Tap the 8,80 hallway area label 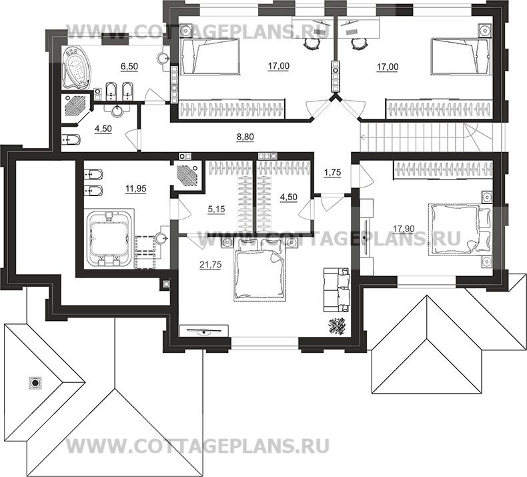(x=245, y=138)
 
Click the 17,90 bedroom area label (x=404, y=229)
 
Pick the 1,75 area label (x=332, y=173)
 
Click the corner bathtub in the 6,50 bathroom (x=77, y=68)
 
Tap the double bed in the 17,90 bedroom (x=457, y=229)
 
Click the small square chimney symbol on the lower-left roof (x=33, y=383)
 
